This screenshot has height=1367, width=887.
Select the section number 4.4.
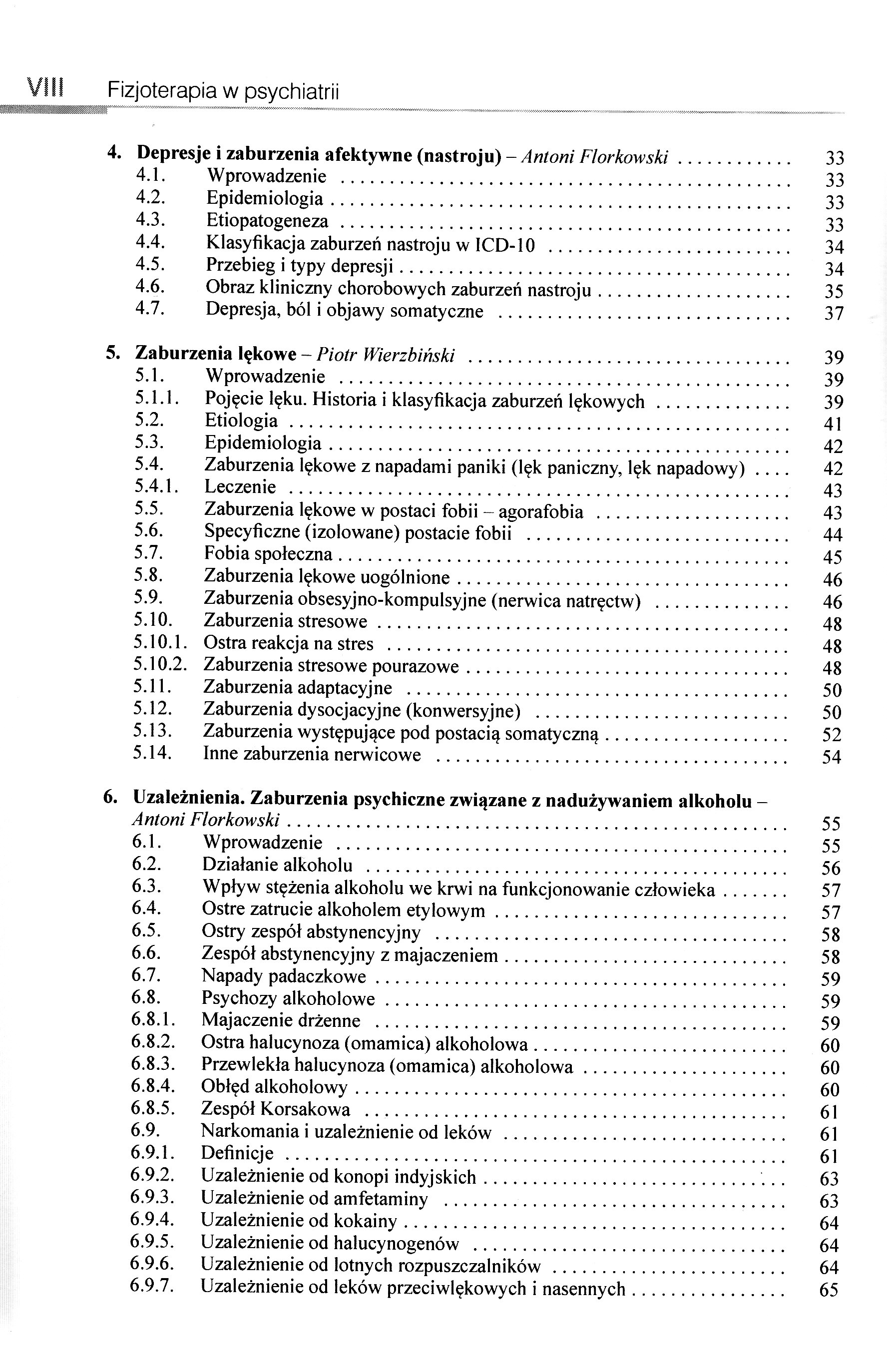click(x=150, y=242)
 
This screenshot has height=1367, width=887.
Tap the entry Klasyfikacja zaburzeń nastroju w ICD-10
click(x=371, y=245)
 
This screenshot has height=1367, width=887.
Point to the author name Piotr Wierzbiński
click(x=386, y=356)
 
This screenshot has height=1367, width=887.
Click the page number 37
click(x=834, y=314)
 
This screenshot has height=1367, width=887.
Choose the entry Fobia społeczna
click(x=268, y=554)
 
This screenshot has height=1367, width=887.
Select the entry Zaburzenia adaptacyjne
click(x=298, y=688)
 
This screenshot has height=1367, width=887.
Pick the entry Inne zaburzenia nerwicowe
click(x=312, y=754)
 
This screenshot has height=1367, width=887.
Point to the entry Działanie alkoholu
click(x=277, y=865)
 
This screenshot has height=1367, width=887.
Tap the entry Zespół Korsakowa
click(x=276, y=1109)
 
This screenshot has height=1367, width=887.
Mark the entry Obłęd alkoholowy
click(x=274, y=1087)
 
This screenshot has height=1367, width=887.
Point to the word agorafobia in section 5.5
click(x=540, y=511)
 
